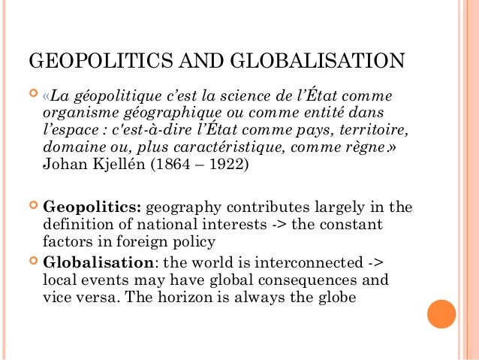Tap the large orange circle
[441, 313]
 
